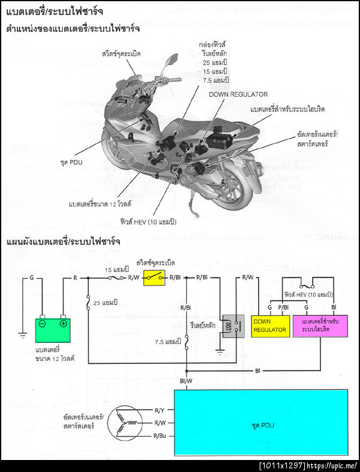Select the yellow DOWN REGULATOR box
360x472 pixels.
[272, 326]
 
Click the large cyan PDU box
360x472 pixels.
[260, 422]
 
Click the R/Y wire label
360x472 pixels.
[160, 411]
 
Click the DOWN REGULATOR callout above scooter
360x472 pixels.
[238, 94]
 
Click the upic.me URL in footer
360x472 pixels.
[332, 465]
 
